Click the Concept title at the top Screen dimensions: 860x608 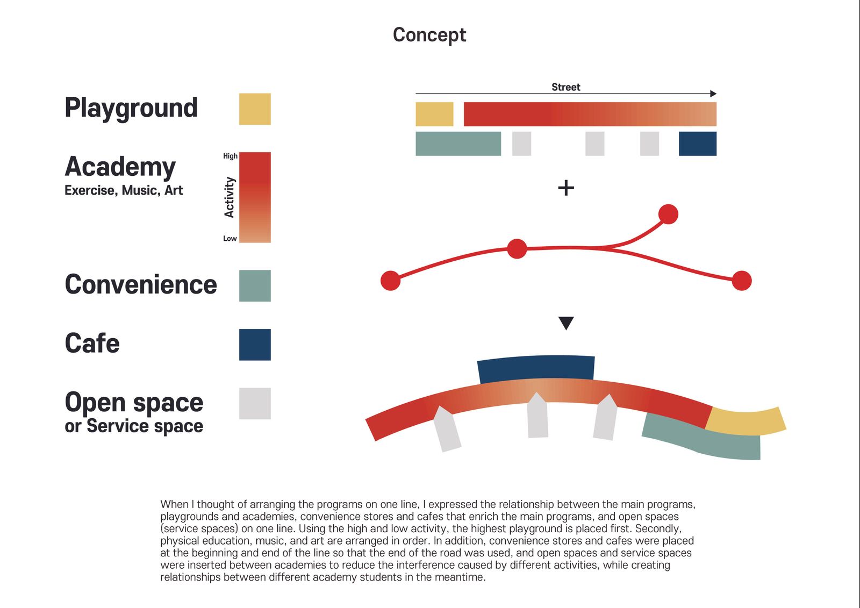click(x=429, y=35)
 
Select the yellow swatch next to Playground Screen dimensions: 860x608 click(x=255, y=109)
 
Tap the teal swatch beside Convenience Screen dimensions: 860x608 click(x=255, y=286)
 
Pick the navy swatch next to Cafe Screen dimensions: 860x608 click(x=255, y=345)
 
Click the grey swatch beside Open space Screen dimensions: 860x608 click(x=255, y=403)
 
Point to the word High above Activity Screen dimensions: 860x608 click(x=231, y=156)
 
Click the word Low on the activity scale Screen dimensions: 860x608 click(x=230, y=239)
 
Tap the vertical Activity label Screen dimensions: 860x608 click(x=229, y=197)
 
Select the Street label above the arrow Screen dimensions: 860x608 click(x=566, y=87)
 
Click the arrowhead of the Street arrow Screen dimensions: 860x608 click(x=713, y=94)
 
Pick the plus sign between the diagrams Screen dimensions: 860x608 click(x=566, y=188)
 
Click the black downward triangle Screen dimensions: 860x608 click(x=567, y=323)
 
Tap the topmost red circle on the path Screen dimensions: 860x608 click(x=668, y=214)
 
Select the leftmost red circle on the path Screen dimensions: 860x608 click(x=390, y=281)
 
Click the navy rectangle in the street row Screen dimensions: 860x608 click(x=698, y=144)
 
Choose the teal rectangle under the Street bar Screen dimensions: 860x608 click(x=458, y=144)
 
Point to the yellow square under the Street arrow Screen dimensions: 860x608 click(x=435, y=114)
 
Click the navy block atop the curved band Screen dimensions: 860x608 click(x=536, y=369)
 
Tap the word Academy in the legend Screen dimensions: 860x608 click(x=120, y=168)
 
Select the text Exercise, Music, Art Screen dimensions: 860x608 click(x=124, y=190)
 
